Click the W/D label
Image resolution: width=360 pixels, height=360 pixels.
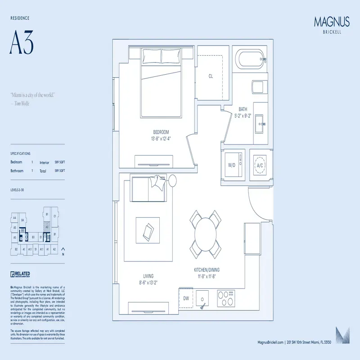coord(232,165)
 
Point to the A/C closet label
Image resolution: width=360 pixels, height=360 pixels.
coord(260,165)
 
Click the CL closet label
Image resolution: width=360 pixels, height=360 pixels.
coord(210,76)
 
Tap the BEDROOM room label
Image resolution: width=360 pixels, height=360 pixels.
coord(161,132)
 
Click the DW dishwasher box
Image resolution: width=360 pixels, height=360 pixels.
coord(186,298)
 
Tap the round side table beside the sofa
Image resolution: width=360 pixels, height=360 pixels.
coord(173,180)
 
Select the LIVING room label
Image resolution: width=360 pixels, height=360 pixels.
coord(148,276)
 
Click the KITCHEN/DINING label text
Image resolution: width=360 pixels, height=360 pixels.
coord(207,270)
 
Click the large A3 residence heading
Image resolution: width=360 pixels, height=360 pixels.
coord(21,44)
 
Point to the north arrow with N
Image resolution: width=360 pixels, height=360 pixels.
coord(63,251)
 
